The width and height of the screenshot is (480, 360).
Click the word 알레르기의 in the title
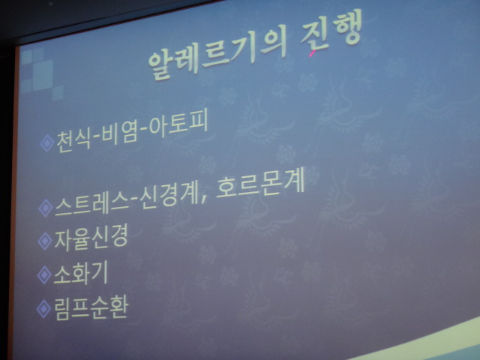(x=217, y=53)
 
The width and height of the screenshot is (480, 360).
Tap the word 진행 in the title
(x=331, y=31)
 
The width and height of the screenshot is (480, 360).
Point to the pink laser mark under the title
(x=312, y=53)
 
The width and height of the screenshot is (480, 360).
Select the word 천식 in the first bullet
(x=73, y=140)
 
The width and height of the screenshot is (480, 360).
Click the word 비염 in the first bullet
(x=120, y=133)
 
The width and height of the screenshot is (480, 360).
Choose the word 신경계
(x=169, y=196)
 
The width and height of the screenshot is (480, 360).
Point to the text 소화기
(x=81, y=273)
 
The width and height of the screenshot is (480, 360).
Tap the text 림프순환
(x=91, y=307)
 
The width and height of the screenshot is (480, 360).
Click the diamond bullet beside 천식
(x=46, y=143)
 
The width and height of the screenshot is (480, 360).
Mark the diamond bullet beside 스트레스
(x=46, y=208)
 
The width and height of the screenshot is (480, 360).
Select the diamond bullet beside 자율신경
(x=45, y=241)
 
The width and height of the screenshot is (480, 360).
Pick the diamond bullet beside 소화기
(x=44, y=275)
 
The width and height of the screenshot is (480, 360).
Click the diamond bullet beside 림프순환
(x=44, y=309)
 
